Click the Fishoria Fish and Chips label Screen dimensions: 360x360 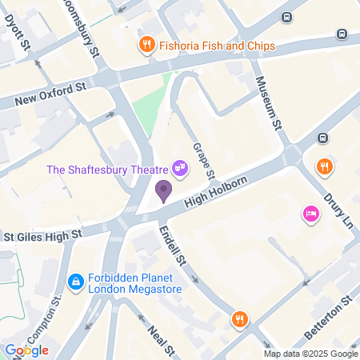[217, 46]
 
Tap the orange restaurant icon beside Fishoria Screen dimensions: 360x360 [146, 46]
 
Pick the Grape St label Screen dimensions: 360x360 [205, 161]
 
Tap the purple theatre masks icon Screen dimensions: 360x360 [181, 168]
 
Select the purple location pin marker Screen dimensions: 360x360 [163, 190]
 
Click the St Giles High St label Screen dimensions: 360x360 [42, 235]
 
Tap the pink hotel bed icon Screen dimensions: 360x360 [310, 214]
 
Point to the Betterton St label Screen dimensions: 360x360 [330, 317]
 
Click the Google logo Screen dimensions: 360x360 [26, 350]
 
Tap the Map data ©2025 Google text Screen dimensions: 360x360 [311, 354]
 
